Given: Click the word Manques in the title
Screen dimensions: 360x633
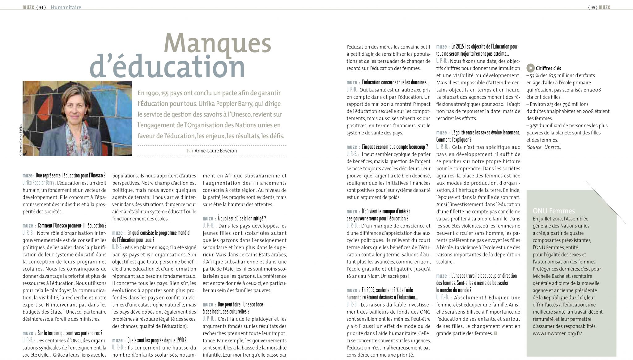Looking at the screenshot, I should [218, 43].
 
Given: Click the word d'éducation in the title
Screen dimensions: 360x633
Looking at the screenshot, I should [167, 66].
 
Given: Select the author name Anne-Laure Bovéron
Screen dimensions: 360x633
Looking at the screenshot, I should [215, 151].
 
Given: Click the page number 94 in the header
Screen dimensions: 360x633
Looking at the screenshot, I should [41, 7].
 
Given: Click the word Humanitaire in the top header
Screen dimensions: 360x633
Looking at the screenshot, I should [66, 7].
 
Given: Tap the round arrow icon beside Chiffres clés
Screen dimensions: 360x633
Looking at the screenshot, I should [530, 68].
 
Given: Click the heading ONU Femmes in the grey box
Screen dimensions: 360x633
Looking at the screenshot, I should [554, 211].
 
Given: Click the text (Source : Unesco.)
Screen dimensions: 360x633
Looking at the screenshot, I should [544, 147].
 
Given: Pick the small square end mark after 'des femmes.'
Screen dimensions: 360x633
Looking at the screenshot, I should [495, 333].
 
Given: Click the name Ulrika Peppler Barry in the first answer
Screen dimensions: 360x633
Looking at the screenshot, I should [38, 183].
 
